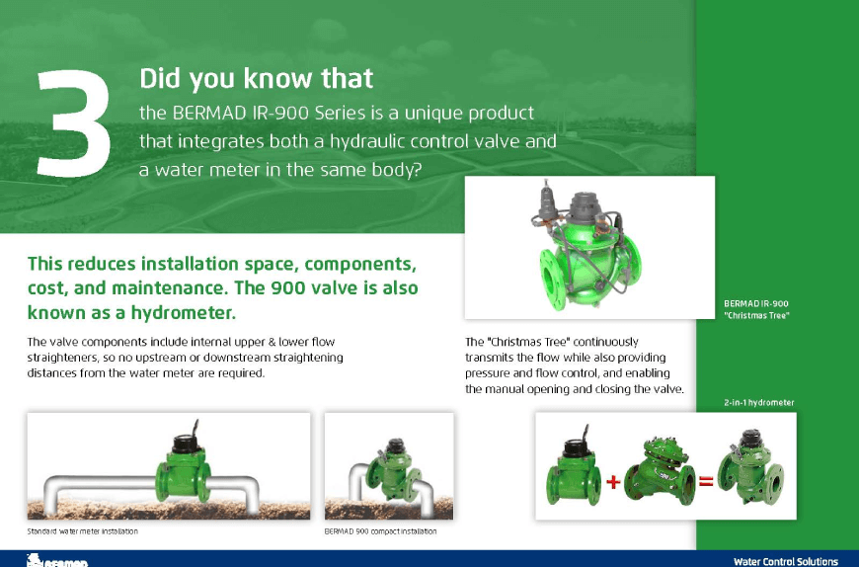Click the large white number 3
point(73,123)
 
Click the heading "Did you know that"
point(256,78)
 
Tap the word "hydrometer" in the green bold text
point(184,312)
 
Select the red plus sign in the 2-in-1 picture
point(613,481)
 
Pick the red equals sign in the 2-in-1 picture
point(706,481)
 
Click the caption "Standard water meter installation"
point(83,531)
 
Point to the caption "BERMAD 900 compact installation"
point(380,531)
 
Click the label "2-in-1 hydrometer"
point(758,403)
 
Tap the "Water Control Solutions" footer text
point(786,561)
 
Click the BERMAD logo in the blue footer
point(57,560)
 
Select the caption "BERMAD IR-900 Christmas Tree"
point(756,309)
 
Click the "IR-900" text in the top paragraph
point(280,113)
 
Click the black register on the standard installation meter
point(189,443)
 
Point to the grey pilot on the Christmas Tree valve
point(546,202)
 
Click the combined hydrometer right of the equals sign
point(750,468)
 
